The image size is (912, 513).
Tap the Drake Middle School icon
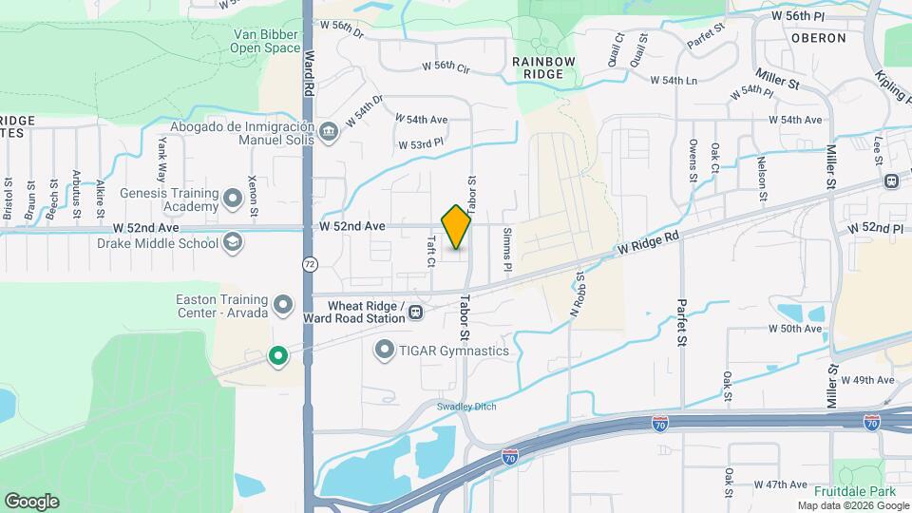(233, 243)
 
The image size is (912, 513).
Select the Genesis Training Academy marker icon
(233, 200)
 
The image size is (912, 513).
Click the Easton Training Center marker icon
(283, 305)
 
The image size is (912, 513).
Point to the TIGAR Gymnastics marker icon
(385, 351)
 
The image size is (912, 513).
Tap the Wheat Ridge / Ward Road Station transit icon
(416, 313)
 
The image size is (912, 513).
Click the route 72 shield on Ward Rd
(310, 262)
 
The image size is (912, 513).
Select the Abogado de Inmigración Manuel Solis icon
(329, 131)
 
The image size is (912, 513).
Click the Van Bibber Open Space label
(267, 40)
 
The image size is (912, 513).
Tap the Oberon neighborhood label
(817, 38)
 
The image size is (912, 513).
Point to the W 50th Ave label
(795, 329)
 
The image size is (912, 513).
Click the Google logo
(31, 501)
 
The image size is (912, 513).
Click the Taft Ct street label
(430, 250)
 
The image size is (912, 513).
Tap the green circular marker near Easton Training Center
(277, 356)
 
